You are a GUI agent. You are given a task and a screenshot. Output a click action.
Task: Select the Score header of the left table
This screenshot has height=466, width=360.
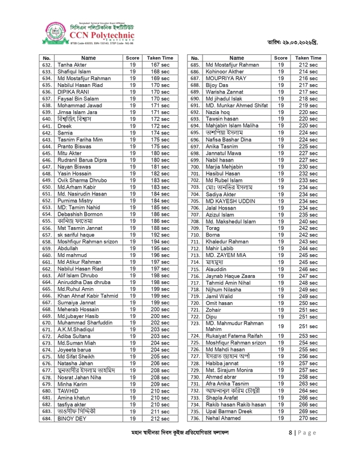coord(133,58)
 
